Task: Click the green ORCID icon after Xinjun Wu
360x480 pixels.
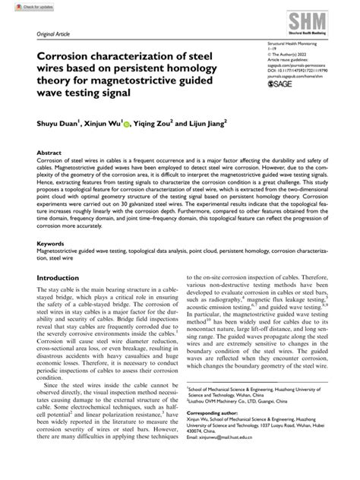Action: pos(127,120)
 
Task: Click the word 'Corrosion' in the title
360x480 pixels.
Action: pos(68,57)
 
